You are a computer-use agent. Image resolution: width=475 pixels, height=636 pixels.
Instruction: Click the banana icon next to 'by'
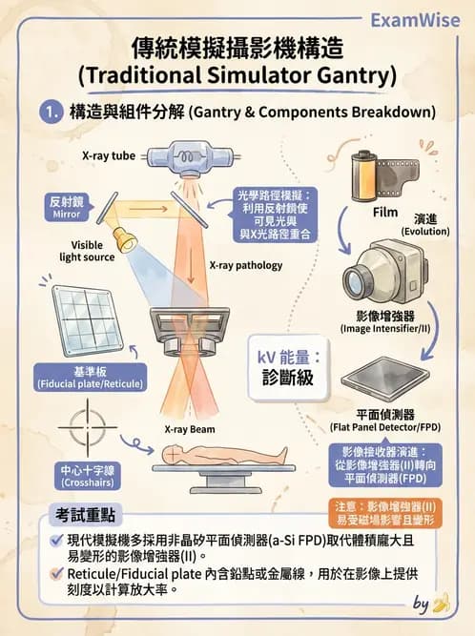point(441,603)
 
